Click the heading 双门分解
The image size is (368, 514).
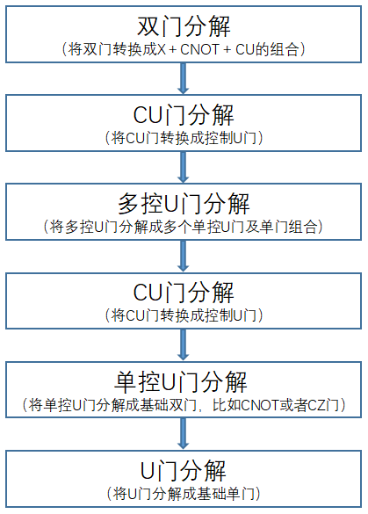point(184,26)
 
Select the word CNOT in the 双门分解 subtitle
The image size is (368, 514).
point(199,49)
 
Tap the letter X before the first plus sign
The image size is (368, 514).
point(162,49)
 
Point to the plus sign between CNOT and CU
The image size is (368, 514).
point(227,50)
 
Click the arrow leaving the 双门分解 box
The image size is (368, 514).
point(184,78)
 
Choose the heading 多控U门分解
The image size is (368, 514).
point(184,204)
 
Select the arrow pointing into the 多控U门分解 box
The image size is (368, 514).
point(184,167)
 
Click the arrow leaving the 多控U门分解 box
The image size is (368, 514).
point(184,256)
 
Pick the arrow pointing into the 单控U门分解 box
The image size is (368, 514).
point(184,344)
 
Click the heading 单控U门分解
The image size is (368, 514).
point(181,382)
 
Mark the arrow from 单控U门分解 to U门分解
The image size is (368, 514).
point(184,434)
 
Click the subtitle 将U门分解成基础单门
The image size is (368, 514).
point(184,494)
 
